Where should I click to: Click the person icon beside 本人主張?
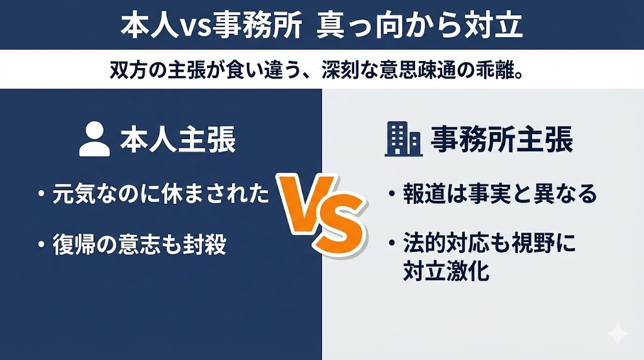95,140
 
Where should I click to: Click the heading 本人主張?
178,140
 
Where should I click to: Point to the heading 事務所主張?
501,140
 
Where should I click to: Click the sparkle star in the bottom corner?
618,334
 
